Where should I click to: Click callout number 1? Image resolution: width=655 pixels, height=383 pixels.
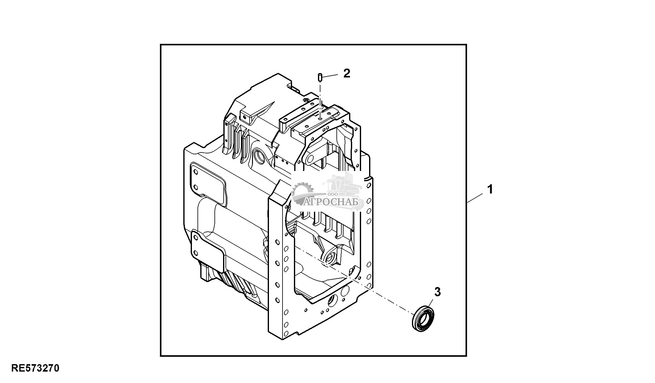(490, 189)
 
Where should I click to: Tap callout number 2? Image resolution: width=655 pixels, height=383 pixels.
(347, 73)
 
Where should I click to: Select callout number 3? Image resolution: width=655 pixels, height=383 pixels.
(437, 292)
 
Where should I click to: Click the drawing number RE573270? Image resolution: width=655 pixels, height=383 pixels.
(35, 368)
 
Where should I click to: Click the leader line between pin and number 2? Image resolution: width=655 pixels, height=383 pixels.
(331, 75)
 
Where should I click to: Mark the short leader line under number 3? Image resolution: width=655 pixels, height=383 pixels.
(431, 302)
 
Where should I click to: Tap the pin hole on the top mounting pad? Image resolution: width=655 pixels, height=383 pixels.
(320, 118)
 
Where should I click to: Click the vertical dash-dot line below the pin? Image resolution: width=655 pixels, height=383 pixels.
(320, 99)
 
